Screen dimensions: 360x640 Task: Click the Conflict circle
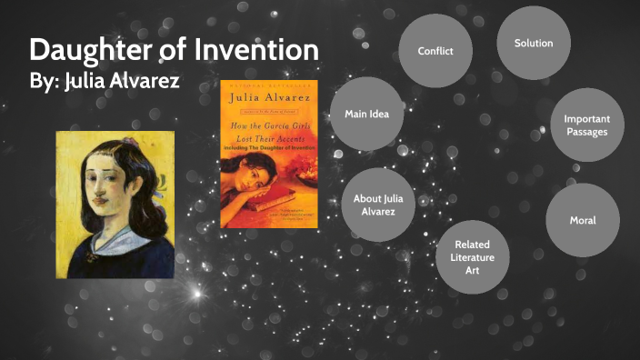pos(435,51)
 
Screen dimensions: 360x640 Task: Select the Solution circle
pos(533,44)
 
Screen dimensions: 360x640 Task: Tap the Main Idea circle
pos(367,114)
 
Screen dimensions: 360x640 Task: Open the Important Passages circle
pos(585,125)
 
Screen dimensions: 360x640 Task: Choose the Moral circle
pos(582,220)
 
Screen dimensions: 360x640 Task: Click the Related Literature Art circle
pos(473,257)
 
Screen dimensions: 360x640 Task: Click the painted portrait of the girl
pos(115,205)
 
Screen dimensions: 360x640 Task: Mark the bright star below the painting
pos(195,294)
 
